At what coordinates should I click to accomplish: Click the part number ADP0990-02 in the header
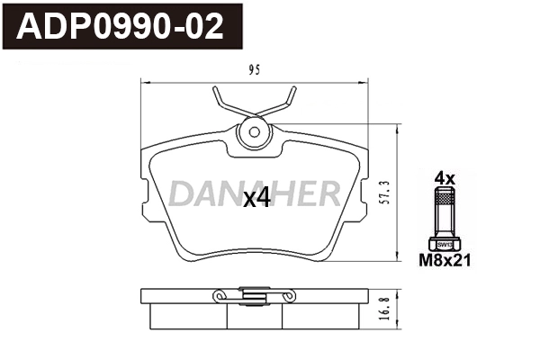coord(122,27)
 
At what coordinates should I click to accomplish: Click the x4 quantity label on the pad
coord(257,199)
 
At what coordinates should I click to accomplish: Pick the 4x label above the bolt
coord(445,178)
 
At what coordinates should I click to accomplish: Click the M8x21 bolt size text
coord(445,261)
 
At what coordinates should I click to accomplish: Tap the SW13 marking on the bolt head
coord(445,245)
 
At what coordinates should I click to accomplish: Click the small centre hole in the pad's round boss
coord(254,133)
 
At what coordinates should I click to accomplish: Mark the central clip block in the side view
coord(254,293)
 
